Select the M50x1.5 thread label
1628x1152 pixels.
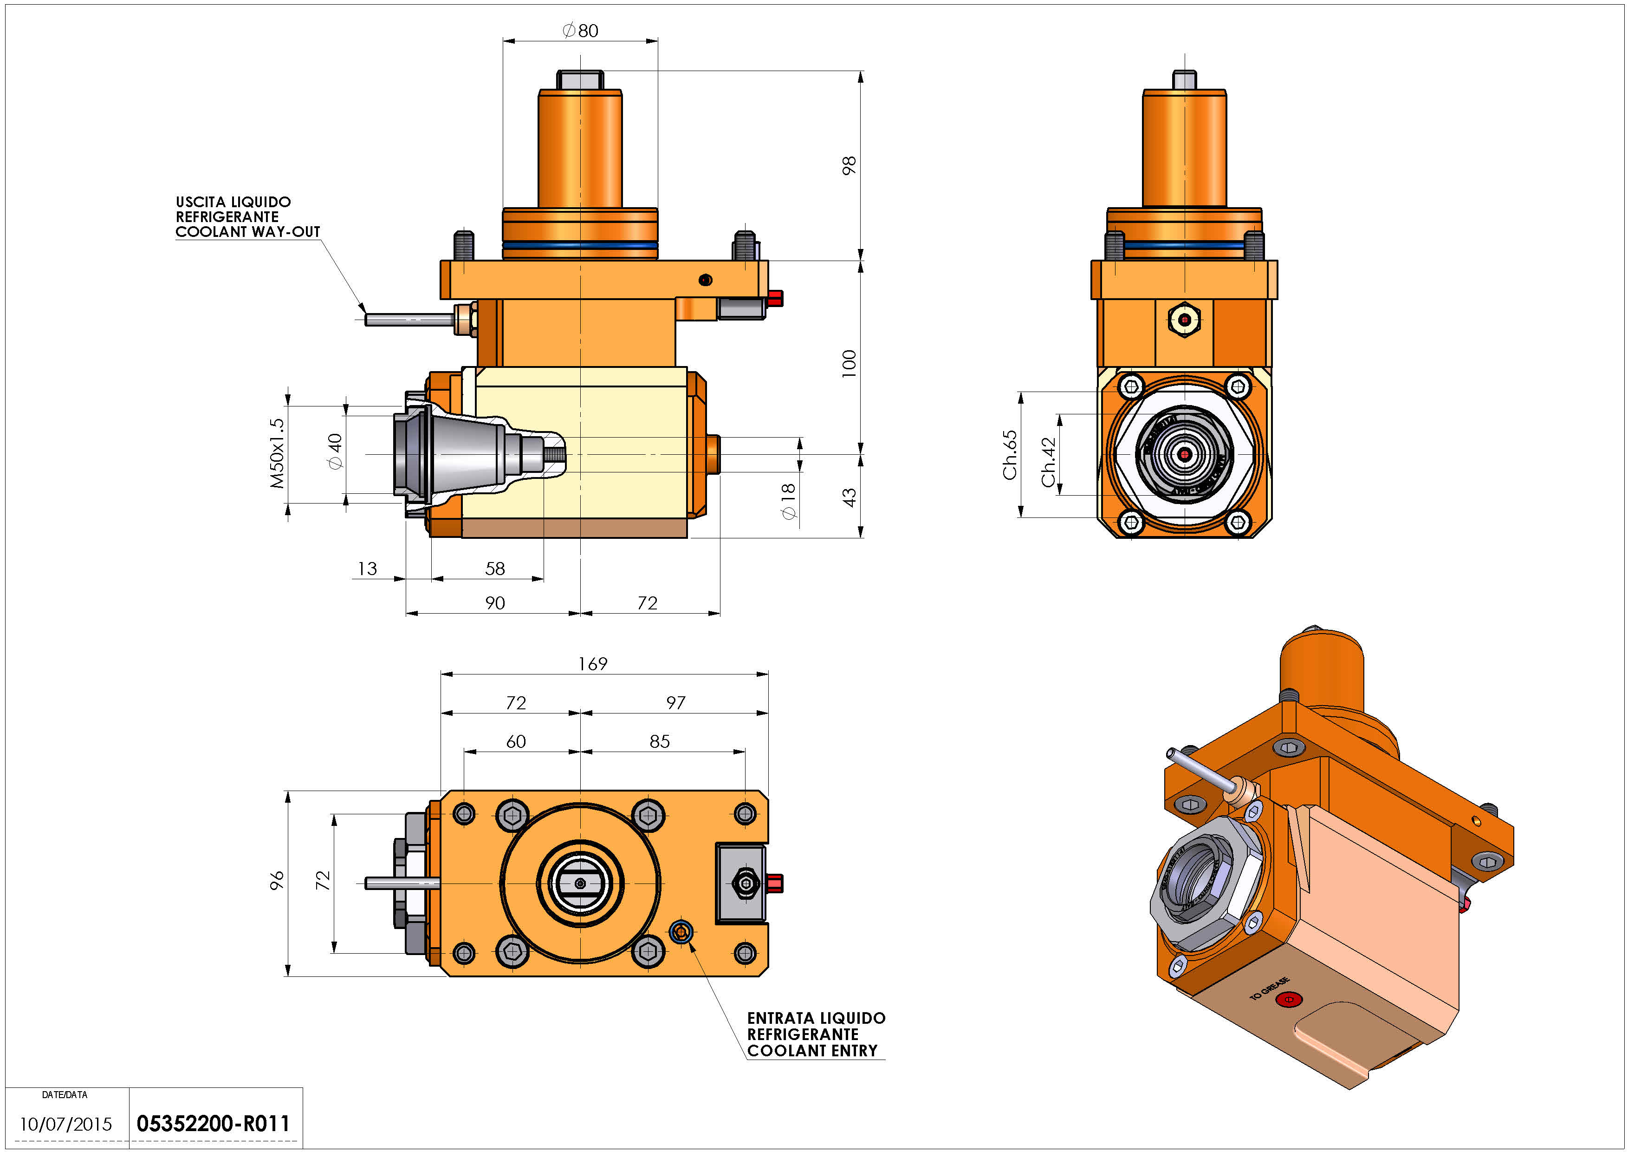[x=277, y=453]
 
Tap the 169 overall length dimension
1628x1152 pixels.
[x=593, y=663]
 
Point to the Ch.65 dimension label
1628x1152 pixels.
[x=1010, y=455]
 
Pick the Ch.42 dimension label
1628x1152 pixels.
[x=1049, y=462]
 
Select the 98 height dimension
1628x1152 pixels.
[x=849, y=165]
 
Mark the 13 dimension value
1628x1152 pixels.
[x=367, y=568]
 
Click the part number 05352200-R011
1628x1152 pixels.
[x=214, y=1124]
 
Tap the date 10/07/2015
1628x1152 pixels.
[x=65, y=1124]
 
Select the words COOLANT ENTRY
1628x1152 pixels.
[x=812, y=1051]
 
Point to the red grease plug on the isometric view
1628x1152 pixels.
[x=1288, y=1000]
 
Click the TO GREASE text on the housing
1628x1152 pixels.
[x=1269, y=988]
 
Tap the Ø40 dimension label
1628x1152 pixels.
[x=335, y=451]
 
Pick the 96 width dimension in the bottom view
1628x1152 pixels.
[x=277, y=880]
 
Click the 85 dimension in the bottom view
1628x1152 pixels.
[x=660, y=741]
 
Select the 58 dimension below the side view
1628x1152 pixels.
[x=495, y=568]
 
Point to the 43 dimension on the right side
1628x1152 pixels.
[x=849, y=497]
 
